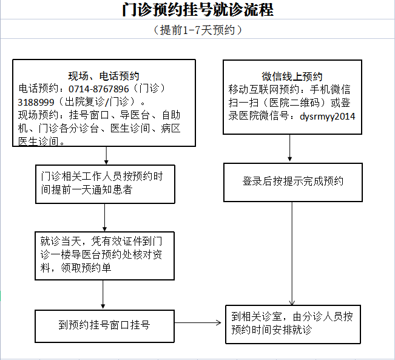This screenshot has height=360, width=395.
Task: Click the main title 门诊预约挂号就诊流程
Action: (x=198, y=10)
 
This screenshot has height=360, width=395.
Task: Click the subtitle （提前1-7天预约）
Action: (x=198, y=30)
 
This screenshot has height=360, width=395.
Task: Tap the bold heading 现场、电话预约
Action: (x=104, y=76)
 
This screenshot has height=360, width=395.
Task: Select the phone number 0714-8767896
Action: (x=98, y=89)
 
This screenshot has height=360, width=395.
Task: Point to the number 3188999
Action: (x=36, y=103)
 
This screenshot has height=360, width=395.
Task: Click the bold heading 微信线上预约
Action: (x=292, y=76)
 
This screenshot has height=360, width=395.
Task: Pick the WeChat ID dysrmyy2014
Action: (x=328, y=117)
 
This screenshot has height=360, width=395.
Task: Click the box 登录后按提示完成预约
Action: (x=293, y=182)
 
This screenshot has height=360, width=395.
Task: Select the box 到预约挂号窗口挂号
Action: (x=104, y=326)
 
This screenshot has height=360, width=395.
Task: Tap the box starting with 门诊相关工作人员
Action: (x=105, y=185)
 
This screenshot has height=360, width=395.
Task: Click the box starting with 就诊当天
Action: (x=104, y=256)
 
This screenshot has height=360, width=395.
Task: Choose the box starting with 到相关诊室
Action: (x=293, y=324)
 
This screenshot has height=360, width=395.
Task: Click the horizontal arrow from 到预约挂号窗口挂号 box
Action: (x=198, y=322)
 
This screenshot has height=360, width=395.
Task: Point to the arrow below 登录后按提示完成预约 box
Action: (x=292, y=254)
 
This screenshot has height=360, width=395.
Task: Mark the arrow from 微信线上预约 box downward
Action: (x=289, y=148)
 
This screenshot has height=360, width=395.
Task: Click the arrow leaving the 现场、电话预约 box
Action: (x=106, y=155)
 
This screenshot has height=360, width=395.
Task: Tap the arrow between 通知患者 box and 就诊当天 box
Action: (x=104, y=217)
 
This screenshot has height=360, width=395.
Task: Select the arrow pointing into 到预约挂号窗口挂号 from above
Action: (x=103, y=294)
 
